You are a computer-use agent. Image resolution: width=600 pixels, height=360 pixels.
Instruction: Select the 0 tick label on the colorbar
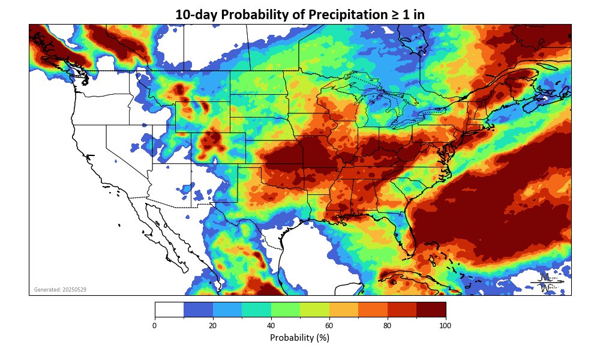155,326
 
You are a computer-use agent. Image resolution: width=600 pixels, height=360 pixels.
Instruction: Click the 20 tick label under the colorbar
212,326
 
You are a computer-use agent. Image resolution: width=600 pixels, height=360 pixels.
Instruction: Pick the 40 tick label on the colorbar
271,326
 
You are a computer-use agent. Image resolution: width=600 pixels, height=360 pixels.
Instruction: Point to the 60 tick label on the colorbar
329,326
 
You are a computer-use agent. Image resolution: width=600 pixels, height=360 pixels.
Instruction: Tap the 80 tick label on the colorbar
387,326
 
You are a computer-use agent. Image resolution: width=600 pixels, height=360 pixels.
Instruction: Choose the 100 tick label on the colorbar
445,326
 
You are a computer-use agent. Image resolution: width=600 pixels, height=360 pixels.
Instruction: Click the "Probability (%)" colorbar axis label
299,338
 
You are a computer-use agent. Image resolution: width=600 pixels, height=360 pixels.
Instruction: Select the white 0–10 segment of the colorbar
169,309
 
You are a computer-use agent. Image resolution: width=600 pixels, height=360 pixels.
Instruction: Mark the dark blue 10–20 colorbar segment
198,309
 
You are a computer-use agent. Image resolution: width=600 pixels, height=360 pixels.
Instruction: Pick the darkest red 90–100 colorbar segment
431,309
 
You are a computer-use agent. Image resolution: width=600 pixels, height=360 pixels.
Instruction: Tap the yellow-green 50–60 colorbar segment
314,309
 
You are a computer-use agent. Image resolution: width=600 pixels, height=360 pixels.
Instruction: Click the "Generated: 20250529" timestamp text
60,290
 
